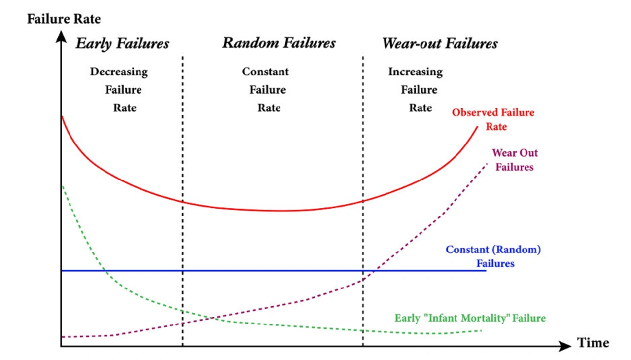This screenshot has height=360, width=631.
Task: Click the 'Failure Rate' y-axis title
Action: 64,19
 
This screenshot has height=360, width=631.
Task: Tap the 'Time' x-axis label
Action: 593,343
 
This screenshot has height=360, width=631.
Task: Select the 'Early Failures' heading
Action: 122,44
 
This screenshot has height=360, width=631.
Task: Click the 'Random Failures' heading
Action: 279,43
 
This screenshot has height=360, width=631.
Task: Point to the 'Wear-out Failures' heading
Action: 440,44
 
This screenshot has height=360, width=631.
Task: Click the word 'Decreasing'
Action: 119,72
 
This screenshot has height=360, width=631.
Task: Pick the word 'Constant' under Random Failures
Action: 265,72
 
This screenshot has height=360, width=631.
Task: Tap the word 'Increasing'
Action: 415,72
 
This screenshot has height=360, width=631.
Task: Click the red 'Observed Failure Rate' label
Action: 493,119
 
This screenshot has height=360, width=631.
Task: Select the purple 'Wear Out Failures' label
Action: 515,160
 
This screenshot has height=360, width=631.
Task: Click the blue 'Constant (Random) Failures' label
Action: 493,256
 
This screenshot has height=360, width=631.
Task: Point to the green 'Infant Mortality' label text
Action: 470,318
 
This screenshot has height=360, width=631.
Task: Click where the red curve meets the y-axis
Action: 62,116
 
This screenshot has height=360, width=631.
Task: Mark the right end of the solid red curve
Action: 477,127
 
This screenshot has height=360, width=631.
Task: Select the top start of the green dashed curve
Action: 62,186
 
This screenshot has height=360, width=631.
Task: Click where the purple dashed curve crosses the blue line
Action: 374,271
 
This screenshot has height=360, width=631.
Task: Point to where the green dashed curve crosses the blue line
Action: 104,271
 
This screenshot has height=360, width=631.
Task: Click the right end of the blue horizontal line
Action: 486,271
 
